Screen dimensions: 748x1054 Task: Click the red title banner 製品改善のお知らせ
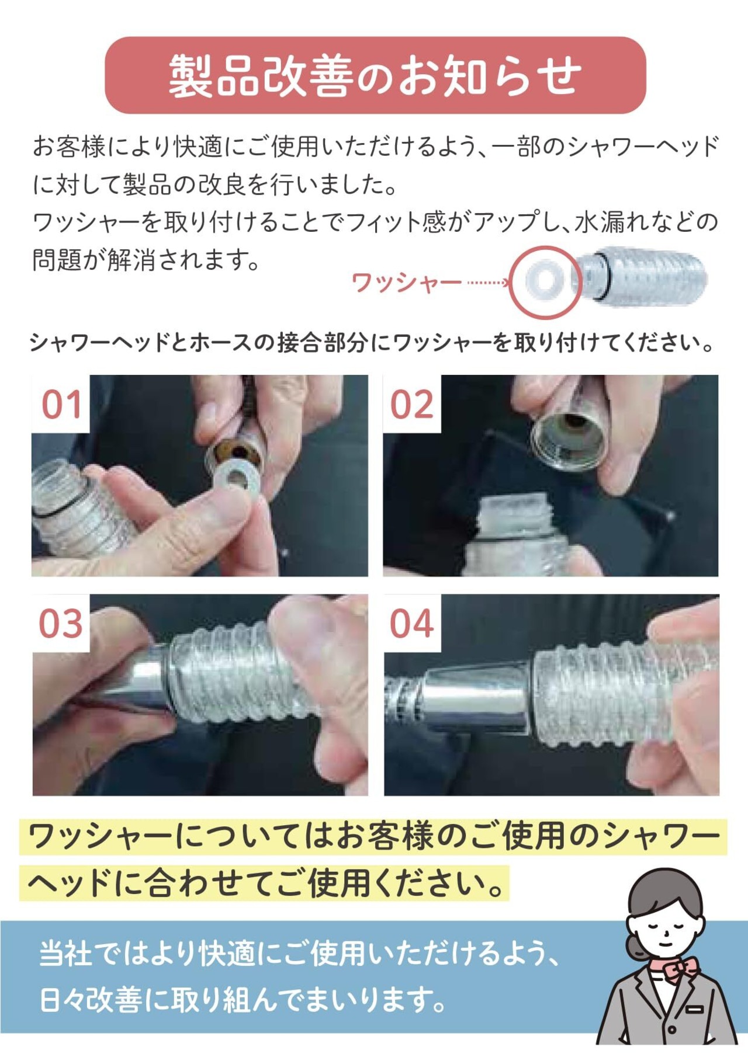tap(375, 75)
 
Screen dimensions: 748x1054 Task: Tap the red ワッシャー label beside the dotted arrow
tap(406, 283)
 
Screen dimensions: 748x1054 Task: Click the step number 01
tap(61, 405)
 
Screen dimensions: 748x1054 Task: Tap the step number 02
tap(412, 405)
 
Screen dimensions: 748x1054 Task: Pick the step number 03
tap(61, 624)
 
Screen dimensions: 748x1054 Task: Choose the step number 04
tap(412, 624)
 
